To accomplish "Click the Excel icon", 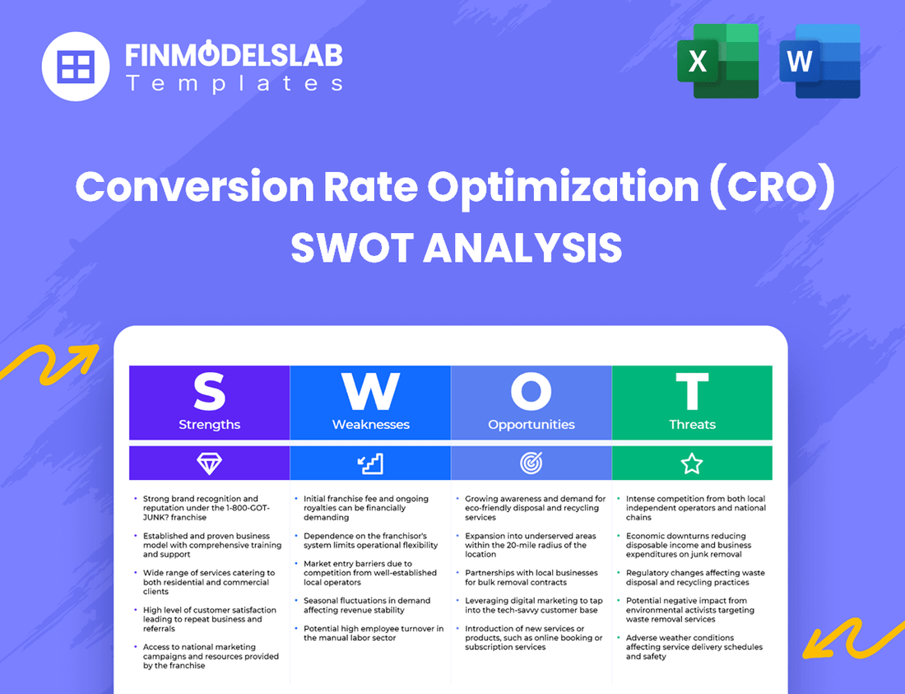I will pos(717,61).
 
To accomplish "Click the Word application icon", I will pos(819,61).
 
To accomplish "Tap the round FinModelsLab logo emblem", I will pos(76,66).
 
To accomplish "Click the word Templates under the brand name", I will pos(234,83).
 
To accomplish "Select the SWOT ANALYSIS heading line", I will pos(456,248).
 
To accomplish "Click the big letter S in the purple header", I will pos(209,392).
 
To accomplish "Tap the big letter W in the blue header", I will pos(370,392).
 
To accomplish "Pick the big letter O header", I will pos(531,392).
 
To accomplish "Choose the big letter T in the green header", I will pos(692,392).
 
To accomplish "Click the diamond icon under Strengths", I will pos(209,463).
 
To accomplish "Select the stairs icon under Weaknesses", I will pos(370,463).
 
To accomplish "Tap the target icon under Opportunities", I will pos(531,463).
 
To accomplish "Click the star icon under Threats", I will pos(692,463).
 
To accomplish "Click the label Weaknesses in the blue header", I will pos(370,425).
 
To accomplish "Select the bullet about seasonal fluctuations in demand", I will pos(366,605).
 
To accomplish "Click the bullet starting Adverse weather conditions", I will pos(694,647).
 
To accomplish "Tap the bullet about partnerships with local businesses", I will pos(531,577).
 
